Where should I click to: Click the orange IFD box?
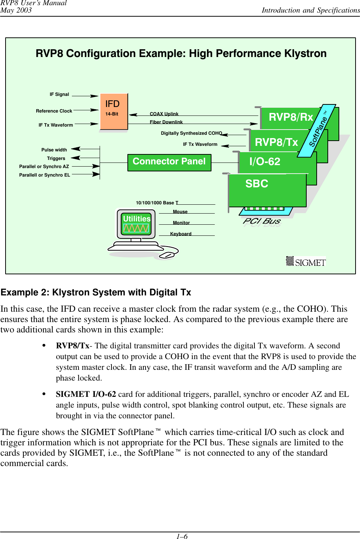click(x=114, y=111)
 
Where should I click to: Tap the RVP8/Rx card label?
click(x=291, y=117)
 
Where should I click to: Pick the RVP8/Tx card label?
click(x=276, y=142)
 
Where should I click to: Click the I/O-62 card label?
click(x=264, y=162)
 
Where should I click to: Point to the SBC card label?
click(x=257, y=184)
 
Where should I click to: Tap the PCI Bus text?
click(x=262, y=221)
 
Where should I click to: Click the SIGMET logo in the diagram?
click(x=306, y=262)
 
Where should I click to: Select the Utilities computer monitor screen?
click(x=136, y=224)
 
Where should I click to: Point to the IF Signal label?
click(x=59, y=94)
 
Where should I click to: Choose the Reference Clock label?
click(x=54, y=111)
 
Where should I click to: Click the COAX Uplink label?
click(x=164, y=114)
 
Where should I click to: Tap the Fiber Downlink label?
click(x=166, y=122)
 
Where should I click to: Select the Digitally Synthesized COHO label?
click(x=191, y=133)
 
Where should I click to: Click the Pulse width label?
click(x=54, y=150)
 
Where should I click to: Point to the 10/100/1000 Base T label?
click(x=157, y=203)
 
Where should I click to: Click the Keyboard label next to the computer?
click(x=181, y=234)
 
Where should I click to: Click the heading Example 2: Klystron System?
click(x=96, y=292)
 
